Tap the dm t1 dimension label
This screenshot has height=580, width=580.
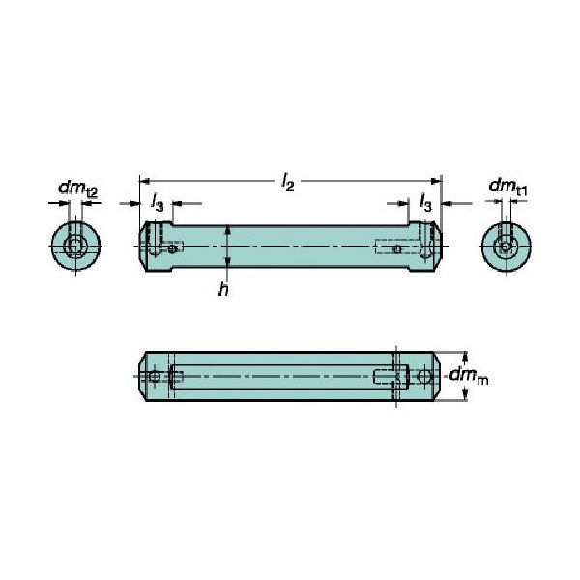507,187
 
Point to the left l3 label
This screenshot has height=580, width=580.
157,200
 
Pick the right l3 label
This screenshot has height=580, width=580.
424,200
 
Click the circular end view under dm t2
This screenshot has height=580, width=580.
74,247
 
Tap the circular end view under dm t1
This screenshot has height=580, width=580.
505,247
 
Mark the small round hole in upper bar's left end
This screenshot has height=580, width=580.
172,249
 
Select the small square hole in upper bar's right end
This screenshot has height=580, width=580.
396,249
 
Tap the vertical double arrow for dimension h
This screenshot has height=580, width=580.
226,248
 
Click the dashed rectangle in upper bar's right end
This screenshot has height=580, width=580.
396,247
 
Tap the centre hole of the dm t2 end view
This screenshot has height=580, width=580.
74,248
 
